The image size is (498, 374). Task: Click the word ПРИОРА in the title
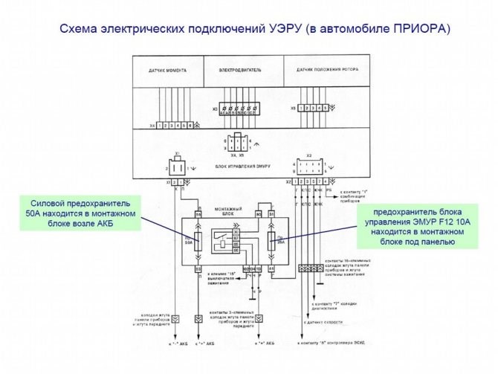pyautogui.click(x=420, y=30)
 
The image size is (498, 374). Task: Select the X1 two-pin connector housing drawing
pyautogui.click(x=178, y=165)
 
